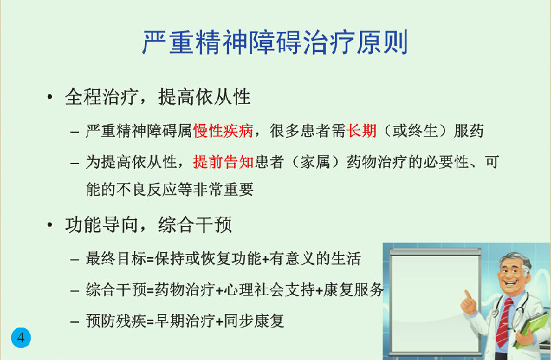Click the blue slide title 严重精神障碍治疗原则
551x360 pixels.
tap(275, 42)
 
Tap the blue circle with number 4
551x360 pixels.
tap(21, 337)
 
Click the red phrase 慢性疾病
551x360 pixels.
tap(223, 131)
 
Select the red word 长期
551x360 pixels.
tap(361, 131)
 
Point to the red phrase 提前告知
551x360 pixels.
tap(223, 162)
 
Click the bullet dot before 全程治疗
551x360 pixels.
tap(50, 97)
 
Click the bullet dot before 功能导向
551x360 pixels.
tap(50, 225)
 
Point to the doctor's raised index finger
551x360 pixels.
tap(467, 294)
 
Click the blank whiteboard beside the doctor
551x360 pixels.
tap(435, 302)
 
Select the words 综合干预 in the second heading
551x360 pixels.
tap(195, 225)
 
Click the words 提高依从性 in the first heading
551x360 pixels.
tap(204, 97)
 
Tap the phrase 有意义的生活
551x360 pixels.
tap(315, 259)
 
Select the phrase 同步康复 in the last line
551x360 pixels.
tap(253, 321)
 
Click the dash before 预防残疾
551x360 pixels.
tap(75, 321)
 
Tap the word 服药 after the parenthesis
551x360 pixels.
tap(469, 131)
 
